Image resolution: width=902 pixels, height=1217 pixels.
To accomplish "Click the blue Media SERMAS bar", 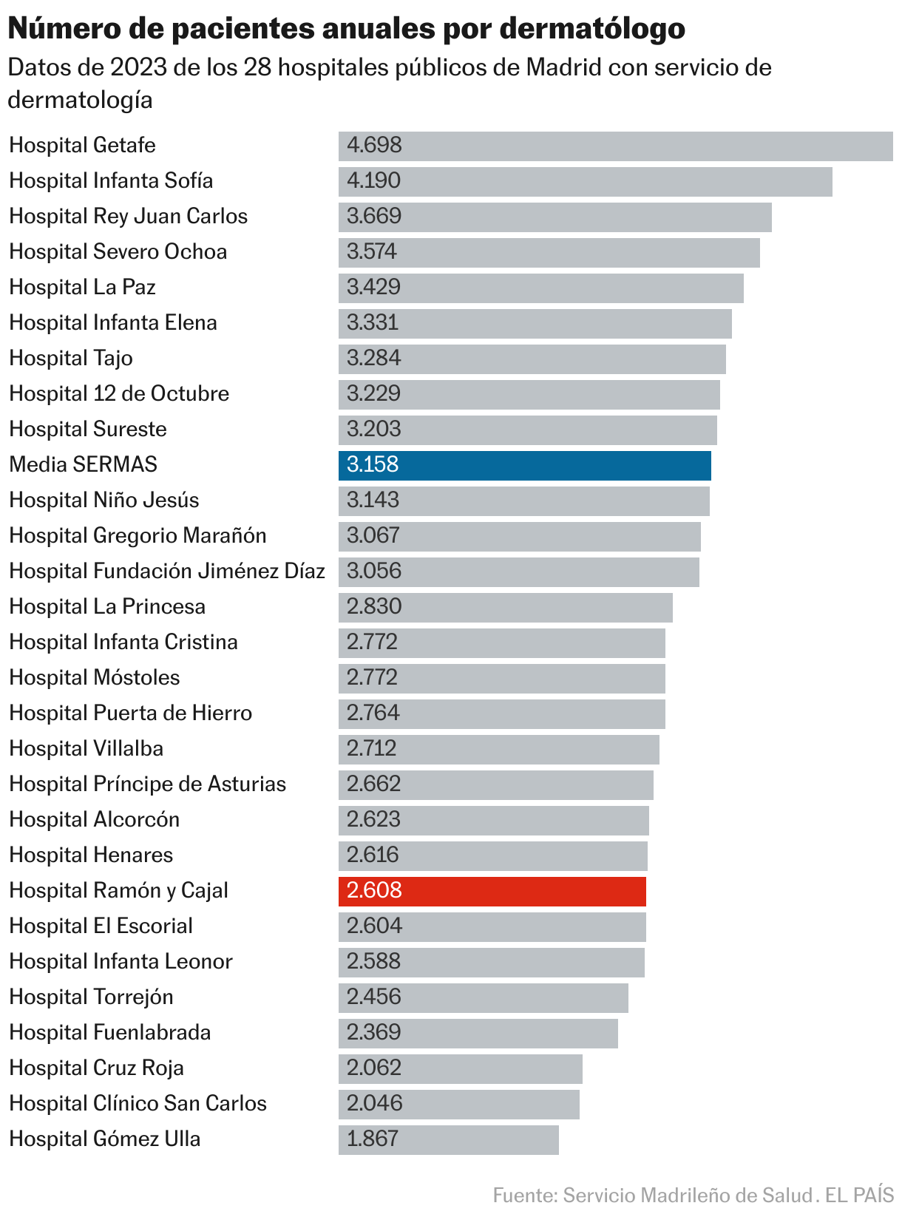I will (524, 465).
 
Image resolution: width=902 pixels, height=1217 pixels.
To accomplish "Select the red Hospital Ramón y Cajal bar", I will (492, 891).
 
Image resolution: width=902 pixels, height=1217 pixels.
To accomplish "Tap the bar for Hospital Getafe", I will (615, 146).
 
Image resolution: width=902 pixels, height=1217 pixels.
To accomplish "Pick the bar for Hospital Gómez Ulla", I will (448, 1139).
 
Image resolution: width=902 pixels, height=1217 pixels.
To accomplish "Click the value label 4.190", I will (373, 181).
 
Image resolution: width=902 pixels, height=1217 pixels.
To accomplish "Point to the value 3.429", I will (373, 288).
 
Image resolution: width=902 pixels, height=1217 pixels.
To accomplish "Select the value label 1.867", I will (373, 1139).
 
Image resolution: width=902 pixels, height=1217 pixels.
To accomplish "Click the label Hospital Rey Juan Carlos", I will (128, 217).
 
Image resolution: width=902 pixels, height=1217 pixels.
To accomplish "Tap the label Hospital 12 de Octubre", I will (119, 394).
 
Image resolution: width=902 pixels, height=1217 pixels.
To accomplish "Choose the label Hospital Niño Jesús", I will (104, 501).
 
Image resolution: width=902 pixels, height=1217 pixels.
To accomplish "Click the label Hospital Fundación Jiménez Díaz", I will (167, 572).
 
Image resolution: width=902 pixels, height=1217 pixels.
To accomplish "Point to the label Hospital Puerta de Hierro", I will (131, 713).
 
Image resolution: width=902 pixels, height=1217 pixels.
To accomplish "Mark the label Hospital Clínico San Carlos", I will (138, 1104).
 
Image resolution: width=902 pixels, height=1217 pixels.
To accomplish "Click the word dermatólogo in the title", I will (592, 29).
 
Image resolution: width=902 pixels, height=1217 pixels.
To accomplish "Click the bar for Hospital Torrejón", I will (483, 997).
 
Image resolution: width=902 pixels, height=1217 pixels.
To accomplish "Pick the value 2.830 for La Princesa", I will (374, 607).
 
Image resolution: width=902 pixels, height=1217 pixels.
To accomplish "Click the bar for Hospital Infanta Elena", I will (535, 323).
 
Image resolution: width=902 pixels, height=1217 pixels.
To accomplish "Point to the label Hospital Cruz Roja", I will (97, 1068).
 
